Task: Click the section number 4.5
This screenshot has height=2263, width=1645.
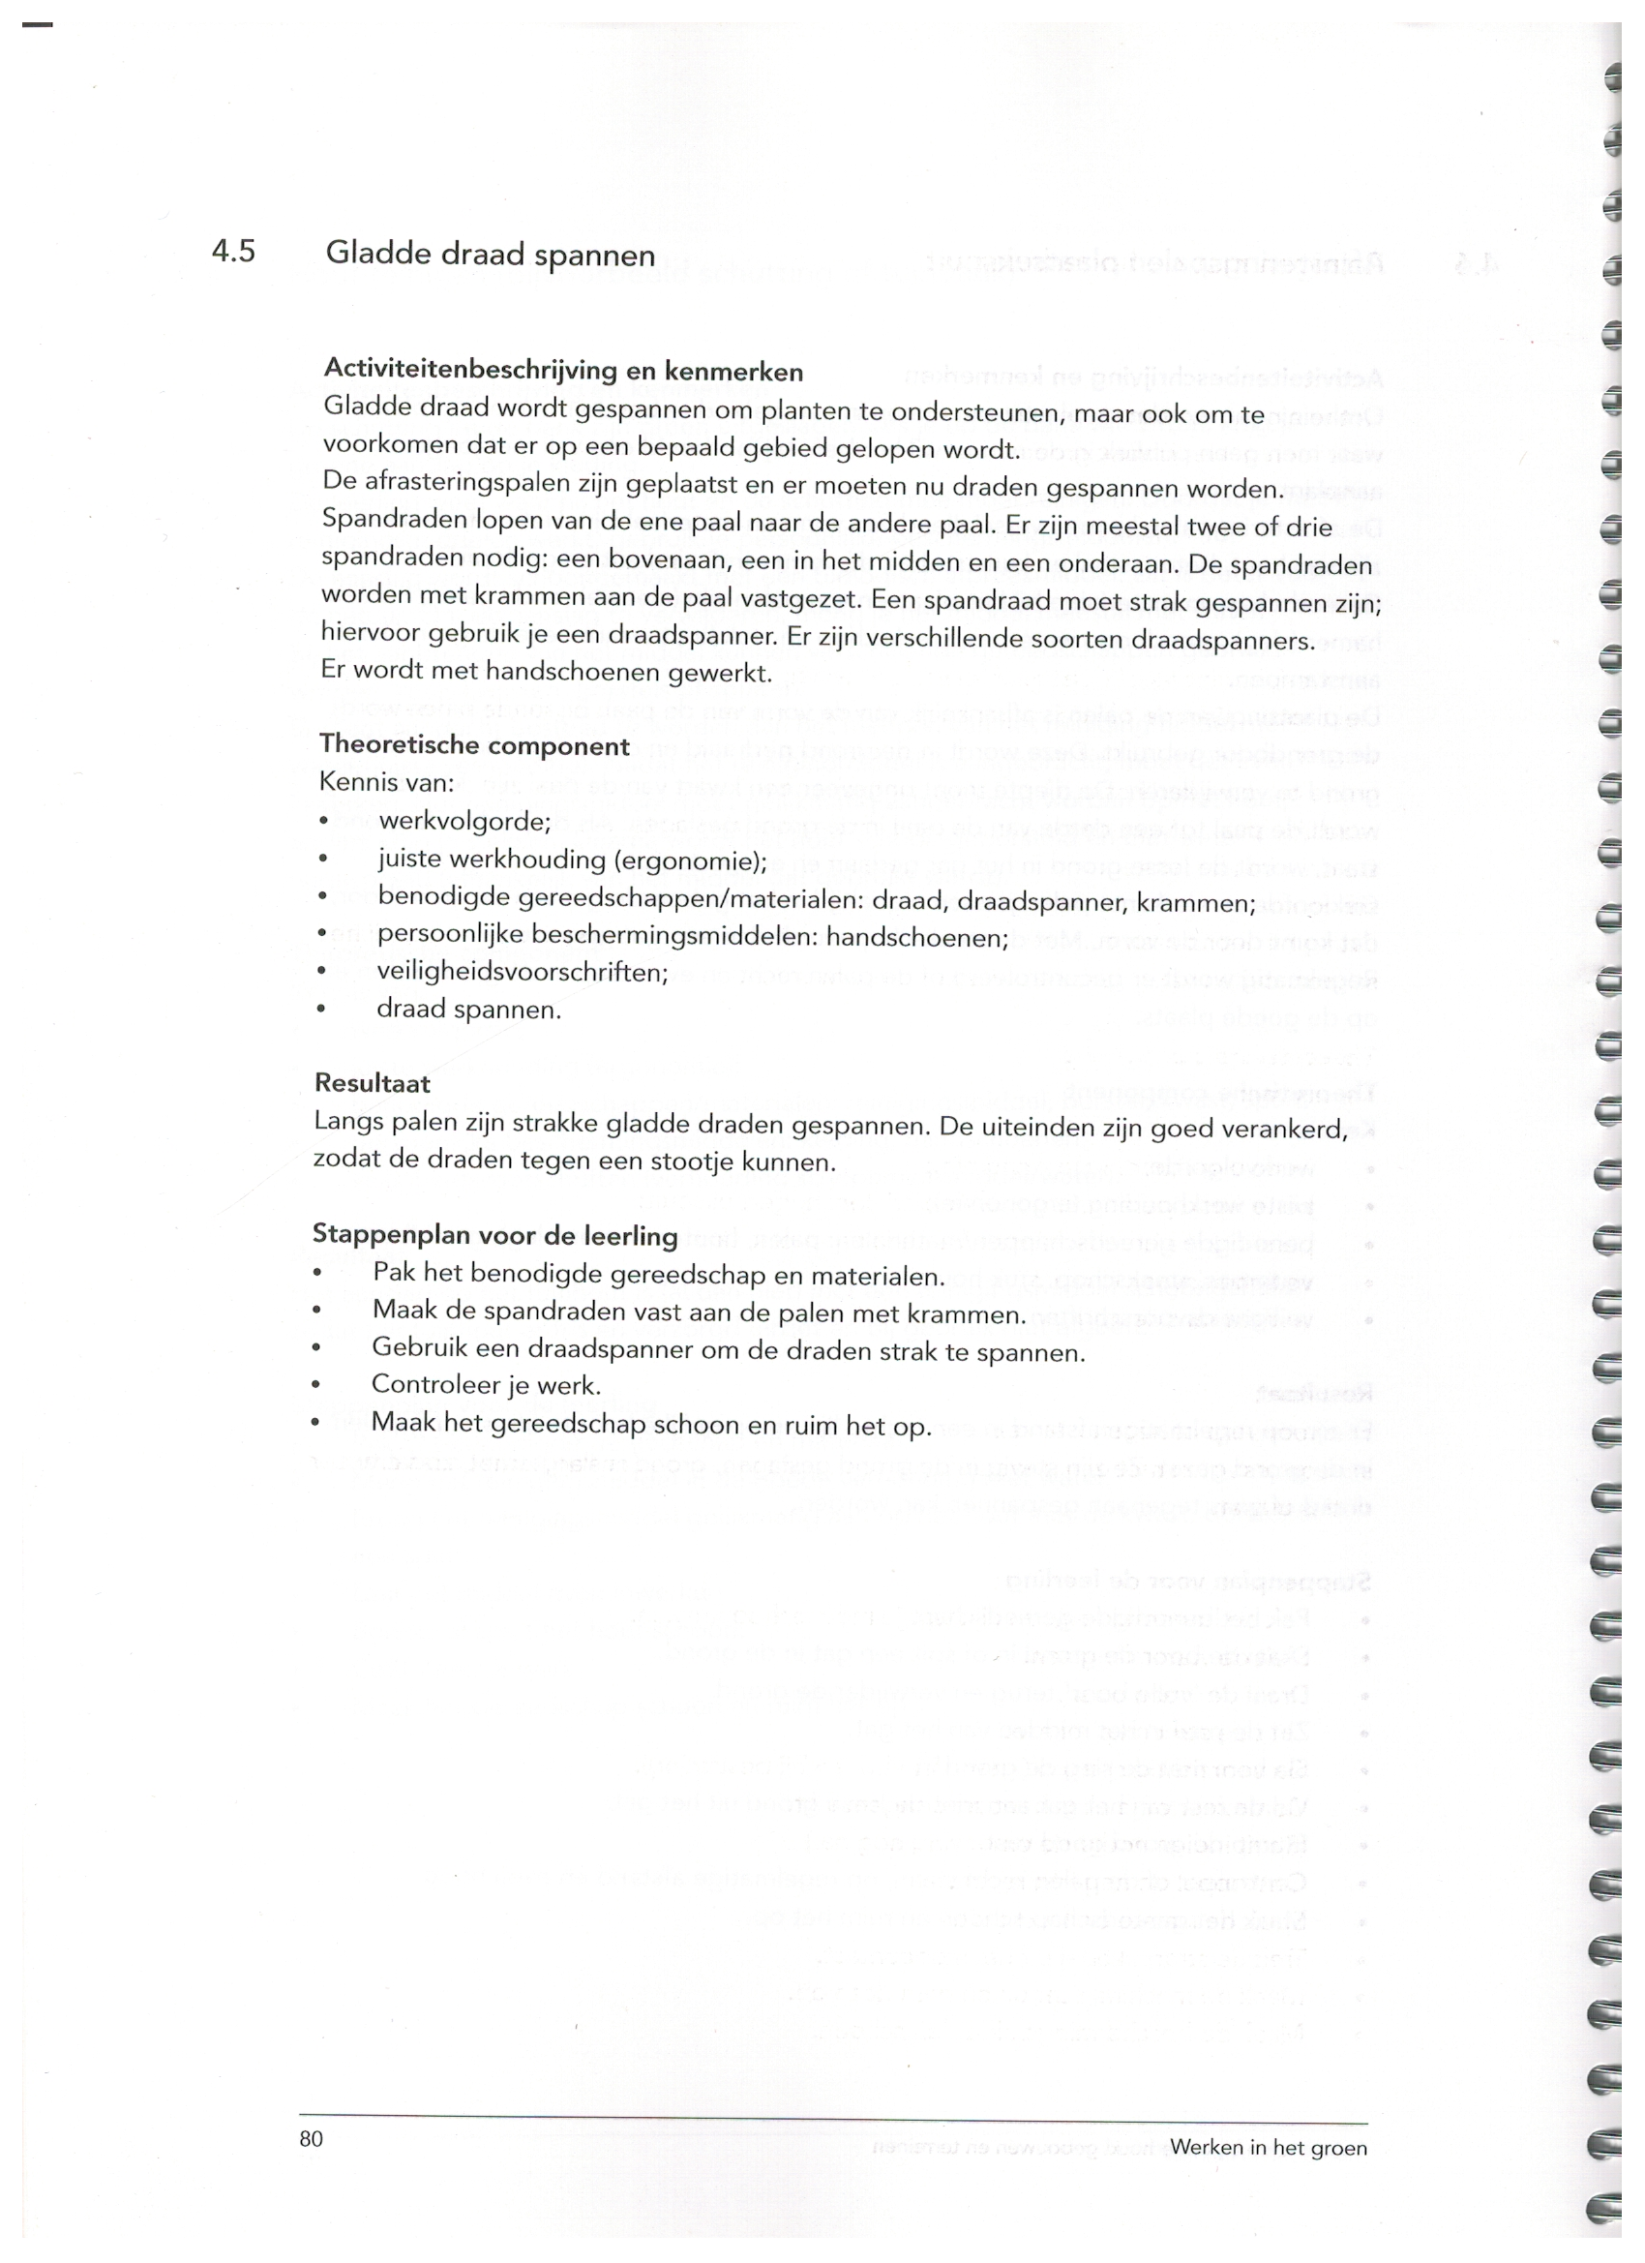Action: click(x=233, y=251)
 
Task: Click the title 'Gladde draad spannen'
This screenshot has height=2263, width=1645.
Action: click(x=490, y=255)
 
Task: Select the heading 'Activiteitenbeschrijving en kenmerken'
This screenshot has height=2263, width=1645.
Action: click(x=562, y=370)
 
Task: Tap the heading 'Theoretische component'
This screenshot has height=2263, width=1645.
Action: click(x=474, y=745)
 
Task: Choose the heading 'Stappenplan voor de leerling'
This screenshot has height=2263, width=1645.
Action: click(x=494, y=1235)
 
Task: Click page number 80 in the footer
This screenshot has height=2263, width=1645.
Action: click(x=312, y=2137)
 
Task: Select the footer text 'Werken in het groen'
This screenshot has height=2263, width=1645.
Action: click(x=1268, y=2147)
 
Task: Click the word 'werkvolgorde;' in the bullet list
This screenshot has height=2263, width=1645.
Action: click(x=464, y=822)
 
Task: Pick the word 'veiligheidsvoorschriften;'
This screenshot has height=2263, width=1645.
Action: click(x=523, y=972)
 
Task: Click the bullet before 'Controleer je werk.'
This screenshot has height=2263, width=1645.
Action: click(x=316, y=1385)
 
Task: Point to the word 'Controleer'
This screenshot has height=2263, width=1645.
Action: click(x=431, y=1385)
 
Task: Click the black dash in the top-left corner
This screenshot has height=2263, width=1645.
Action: click(x=36, y=24)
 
